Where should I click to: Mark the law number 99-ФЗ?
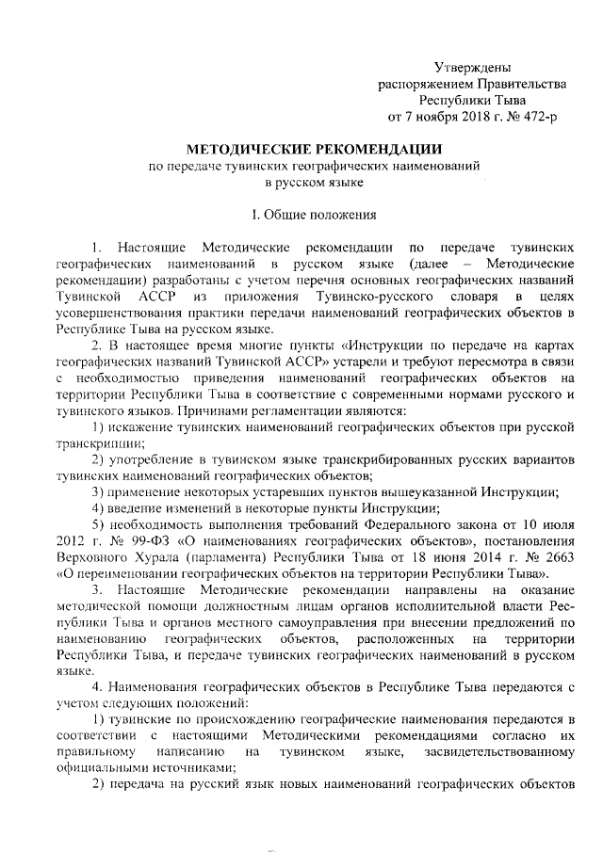point(144,543)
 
